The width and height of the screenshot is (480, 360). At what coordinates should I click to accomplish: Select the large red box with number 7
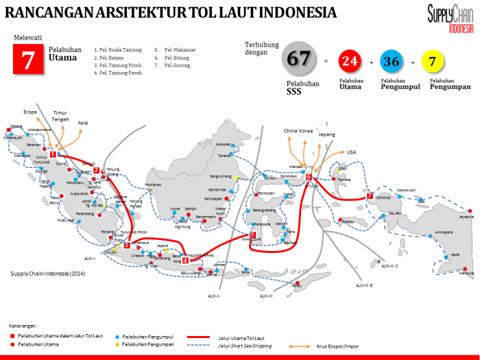click(28, 59)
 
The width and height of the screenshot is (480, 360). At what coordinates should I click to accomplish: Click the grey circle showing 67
click(299, 59)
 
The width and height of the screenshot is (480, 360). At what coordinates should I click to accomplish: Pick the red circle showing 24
click(350, 62)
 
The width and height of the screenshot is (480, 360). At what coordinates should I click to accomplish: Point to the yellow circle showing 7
click(432, 62)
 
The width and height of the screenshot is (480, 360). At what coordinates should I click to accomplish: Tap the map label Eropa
click(30, 111)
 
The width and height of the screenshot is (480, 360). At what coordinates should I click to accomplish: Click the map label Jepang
click(326, 135)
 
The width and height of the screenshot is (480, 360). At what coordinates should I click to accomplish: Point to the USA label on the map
click(352, 152)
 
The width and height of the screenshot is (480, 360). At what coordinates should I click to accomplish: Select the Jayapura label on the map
click(466, 217)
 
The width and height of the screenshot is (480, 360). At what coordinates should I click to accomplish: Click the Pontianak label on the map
click(153, 184)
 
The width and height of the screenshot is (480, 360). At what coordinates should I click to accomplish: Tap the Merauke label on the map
click(466, 272)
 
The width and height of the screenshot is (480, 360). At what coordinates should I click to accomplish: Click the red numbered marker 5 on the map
click(253, 235)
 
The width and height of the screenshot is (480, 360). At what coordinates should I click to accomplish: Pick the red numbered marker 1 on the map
click(53, 154)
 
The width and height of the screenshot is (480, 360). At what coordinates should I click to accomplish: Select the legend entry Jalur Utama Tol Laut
click(241, 337)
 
